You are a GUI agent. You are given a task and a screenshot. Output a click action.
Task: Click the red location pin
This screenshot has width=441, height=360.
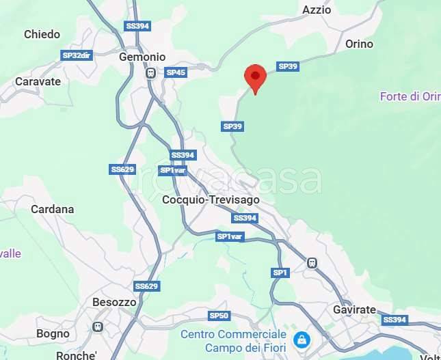coord(255,77)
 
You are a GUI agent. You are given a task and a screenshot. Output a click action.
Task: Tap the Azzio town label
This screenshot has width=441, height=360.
coord(317,10)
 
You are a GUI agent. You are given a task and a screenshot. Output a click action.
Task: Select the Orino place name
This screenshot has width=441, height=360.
coord(359,44)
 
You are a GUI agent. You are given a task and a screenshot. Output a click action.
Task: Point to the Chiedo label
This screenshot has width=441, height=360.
coord(42,34)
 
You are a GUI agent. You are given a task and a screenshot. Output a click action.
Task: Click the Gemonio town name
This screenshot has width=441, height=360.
coord(142,57)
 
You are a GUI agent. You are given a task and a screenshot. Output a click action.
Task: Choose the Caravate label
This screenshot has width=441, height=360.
coord(38,81)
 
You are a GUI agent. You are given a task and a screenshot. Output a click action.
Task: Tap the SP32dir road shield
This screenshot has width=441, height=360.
coord(76,55)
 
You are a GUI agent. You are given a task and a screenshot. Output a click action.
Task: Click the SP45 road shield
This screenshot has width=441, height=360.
coord(176,72)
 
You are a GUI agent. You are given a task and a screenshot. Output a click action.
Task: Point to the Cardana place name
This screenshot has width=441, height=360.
coord(53,209)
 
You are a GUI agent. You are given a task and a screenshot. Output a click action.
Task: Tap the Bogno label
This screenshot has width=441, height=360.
coord(53,334)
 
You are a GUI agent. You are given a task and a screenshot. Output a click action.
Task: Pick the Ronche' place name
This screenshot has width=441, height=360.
coord(76,355)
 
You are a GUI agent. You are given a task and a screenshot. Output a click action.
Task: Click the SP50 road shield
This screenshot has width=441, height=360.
coord(219,316)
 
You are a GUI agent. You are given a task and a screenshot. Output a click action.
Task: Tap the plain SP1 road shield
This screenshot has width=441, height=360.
coord(281,273)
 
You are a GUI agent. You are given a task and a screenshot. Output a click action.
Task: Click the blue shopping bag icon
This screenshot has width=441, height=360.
coord(302,339)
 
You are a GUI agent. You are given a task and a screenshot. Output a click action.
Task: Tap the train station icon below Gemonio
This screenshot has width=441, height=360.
coord(150,72)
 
